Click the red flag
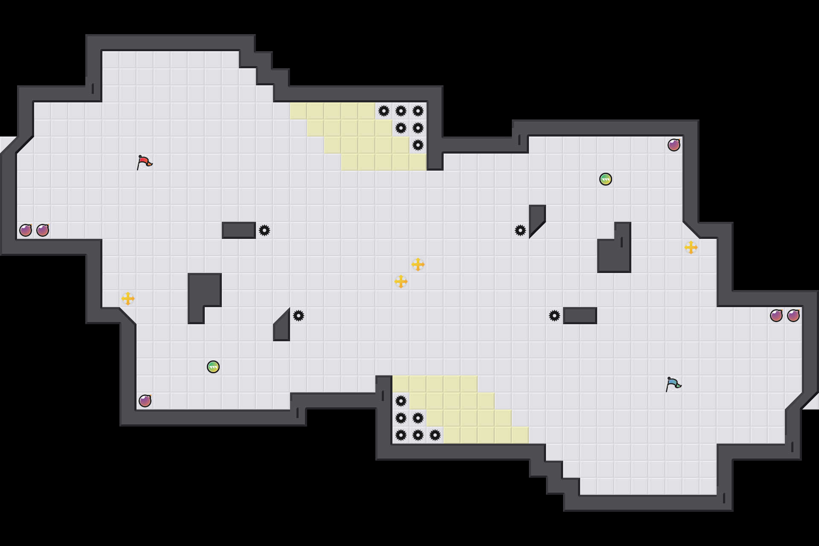[144, 162]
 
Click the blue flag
[673, 384]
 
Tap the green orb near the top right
[606, 179]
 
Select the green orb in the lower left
[213, 367]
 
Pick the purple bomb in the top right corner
[674, 145]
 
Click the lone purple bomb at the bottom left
[145, 401]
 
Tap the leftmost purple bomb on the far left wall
[26, 230]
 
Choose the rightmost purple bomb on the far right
[793, 316]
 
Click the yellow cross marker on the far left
[128, 299]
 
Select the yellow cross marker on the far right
[691, 247]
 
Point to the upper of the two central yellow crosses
[418, 264]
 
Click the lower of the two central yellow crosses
[401, 282]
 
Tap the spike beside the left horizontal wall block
[264, 230]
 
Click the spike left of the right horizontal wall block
[555, 316]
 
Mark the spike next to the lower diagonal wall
[299, 316]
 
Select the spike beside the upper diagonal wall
[520, 230]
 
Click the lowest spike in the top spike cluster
[418, 145]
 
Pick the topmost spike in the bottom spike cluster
[401, 401]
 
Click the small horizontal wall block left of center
[239, 230]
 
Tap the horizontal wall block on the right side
[580, 316]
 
